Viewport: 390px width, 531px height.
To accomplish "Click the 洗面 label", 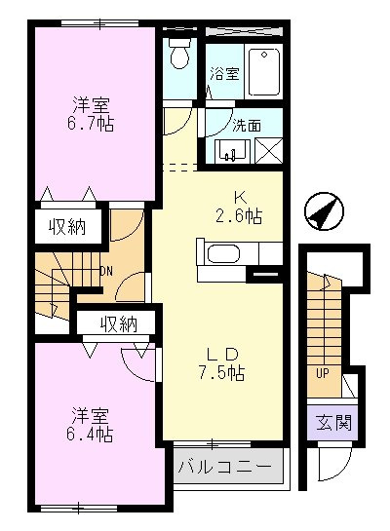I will (245, 125).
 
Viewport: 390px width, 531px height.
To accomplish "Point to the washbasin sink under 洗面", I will (232, 151).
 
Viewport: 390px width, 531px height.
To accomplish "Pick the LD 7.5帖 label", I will (222, 361).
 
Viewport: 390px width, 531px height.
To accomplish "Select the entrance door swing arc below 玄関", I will (331, 466).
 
